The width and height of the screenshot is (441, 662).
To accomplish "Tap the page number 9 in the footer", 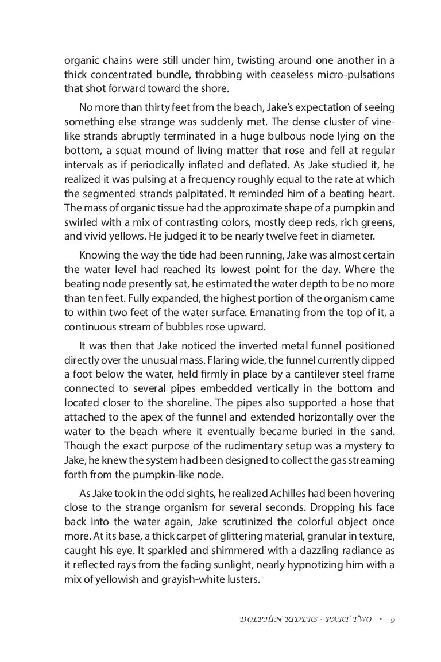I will click(391, 619).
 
